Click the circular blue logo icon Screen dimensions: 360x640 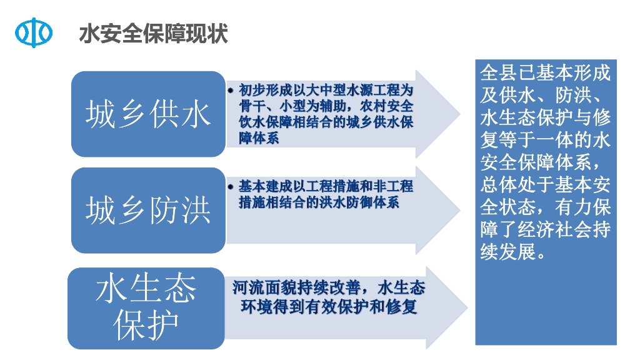point(34,32)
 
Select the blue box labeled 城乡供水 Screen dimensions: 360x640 point(148,114)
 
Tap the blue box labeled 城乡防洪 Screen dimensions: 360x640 point(148,210)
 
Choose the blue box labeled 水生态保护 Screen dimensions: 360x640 point(146,307)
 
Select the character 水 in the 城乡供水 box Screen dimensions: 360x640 point(196,114)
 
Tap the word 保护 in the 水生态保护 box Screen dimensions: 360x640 point(146,324)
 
